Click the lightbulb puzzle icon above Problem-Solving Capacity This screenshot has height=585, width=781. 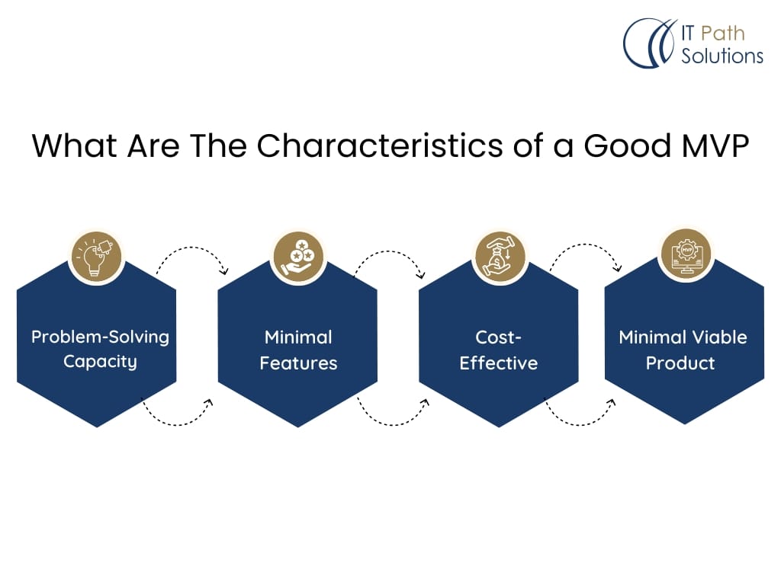[97, 257]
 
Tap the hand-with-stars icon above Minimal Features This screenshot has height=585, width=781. [298, 257]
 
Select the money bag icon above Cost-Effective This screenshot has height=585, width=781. [500, 257]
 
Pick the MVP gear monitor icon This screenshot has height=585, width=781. [686, 254]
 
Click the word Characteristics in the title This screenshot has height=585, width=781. [380, 145]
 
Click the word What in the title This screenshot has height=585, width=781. [75, 145]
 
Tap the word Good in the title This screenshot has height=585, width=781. [628, 145]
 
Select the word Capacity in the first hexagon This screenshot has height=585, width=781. [100, 362]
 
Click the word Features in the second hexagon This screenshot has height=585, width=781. [298, 363]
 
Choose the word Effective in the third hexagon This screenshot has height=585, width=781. [499, 363]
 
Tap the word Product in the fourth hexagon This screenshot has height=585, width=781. [680, 363]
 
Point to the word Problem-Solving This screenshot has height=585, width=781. [100, 337]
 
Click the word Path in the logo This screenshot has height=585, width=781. [723, 34]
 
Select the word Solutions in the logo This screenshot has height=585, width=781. [722, 56]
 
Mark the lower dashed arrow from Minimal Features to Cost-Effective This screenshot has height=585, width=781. [392, 424]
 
